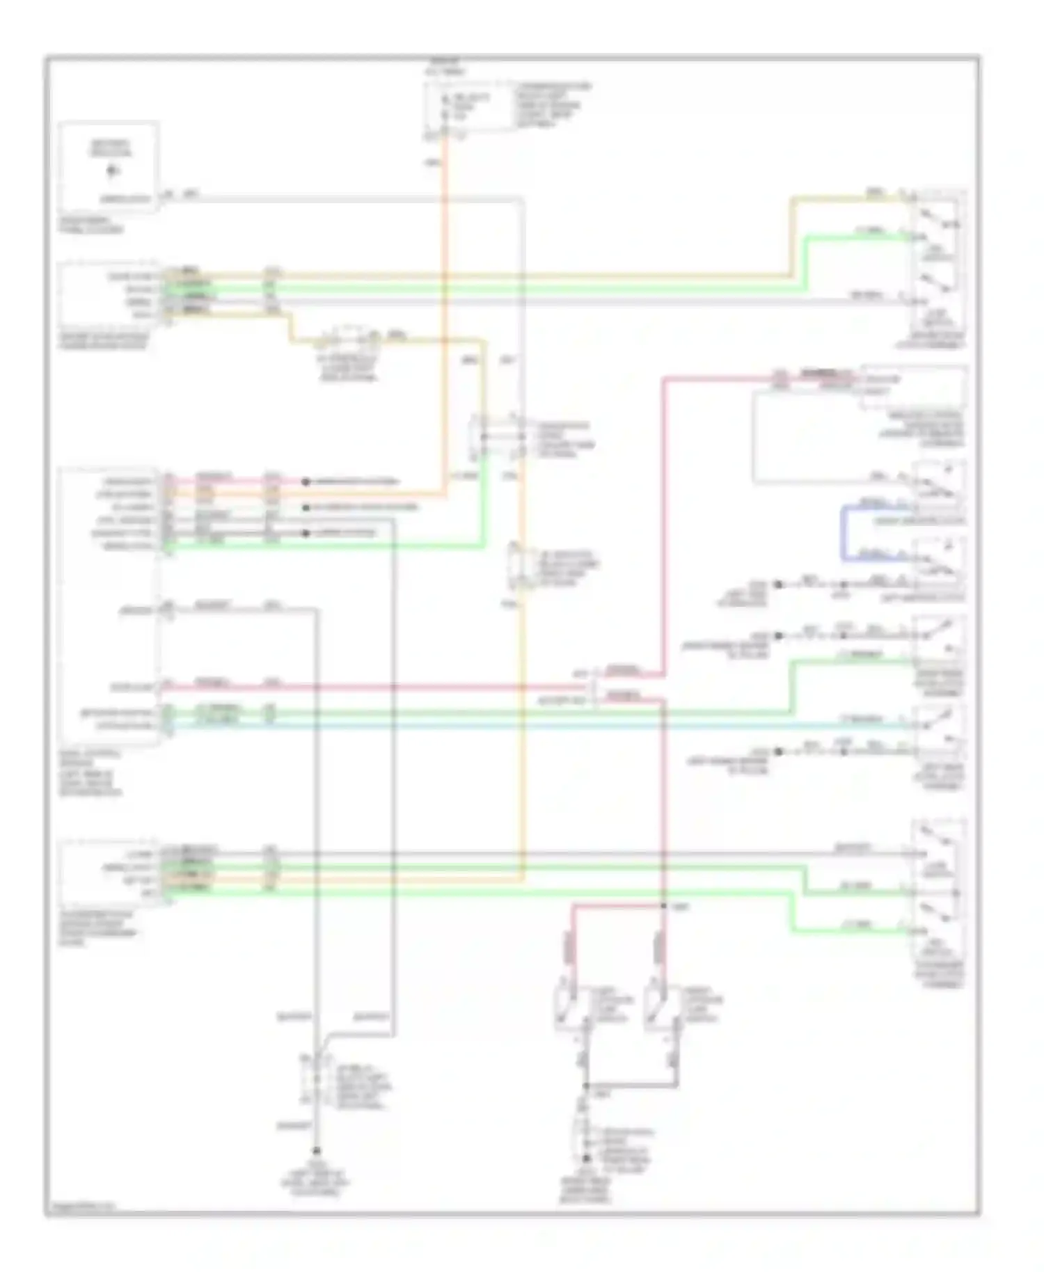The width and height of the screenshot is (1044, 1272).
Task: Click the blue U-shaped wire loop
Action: [844, 532]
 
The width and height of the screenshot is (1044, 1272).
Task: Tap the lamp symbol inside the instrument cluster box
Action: [112, 170]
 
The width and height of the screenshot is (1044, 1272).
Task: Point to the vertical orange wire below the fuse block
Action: [445, 313]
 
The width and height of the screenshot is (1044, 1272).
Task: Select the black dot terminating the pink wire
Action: [305, 482]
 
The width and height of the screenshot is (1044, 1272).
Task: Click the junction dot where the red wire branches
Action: [663, 905]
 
